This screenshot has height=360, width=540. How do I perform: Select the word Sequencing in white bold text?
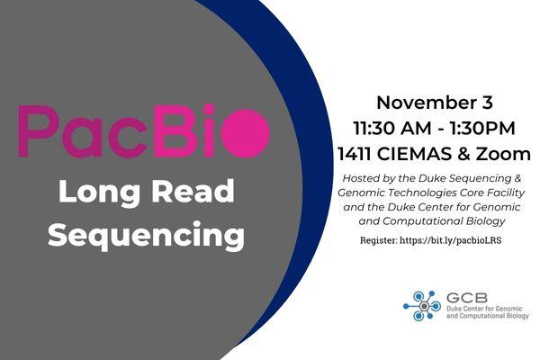tap(146, 235)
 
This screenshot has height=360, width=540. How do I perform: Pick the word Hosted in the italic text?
tap(360, 179)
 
